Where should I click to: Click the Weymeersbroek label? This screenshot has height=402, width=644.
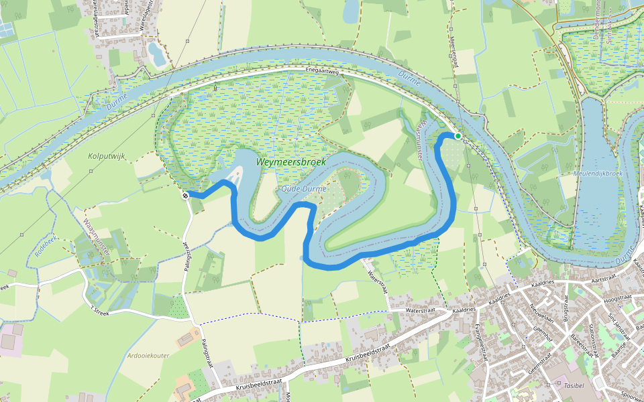click(290, 162)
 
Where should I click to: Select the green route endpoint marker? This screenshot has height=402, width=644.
click(458, 136)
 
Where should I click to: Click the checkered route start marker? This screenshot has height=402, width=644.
click(184, 196)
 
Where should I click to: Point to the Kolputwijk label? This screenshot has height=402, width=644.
click(107, 155)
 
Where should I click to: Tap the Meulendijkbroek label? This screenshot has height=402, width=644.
click(600, 174)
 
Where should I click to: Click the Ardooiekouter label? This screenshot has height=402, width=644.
click(148, 356)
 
